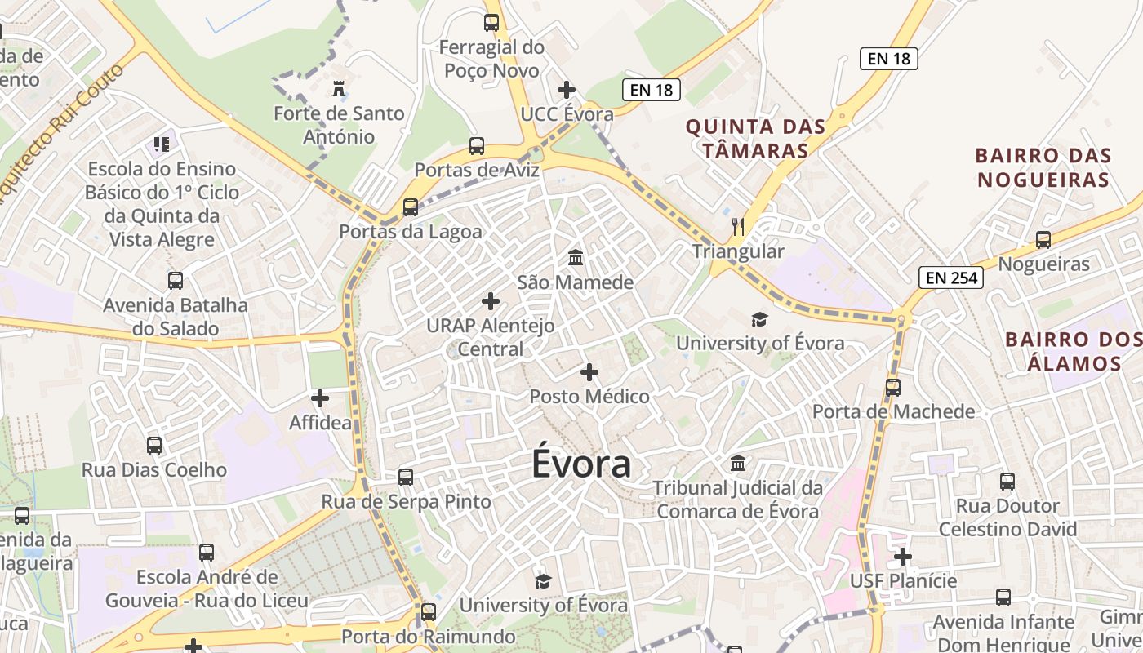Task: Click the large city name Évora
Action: click(581, 464)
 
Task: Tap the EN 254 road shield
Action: click(951, 278)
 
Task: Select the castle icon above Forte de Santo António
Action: click(339, 88)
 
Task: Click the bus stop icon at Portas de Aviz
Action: click(477, 147)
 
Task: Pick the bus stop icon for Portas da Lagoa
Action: click(411, 207)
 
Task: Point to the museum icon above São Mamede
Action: click(576, 258)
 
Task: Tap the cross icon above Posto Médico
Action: click(589, 372)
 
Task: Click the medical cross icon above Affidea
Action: click(320, 398)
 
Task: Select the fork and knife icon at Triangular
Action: click(738, 226)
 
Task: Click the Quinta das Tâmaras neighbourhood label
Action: click(755, 139)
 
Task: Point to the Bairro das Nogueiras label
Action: click(1043, 167)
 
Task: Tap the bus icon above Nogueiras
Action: click(1043, 240)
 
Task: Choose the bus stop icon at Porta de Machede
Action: click(893, 387)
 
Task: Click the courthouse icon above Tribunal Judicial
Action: click(738, 464)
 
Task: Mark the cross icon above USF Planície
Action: click(903, 557)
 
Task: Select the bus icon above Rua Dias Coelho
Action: click(154, 446)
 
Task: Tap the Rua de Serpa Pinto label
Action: click(407, 501)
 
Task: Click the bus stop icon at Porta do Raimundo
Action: click(429, 611)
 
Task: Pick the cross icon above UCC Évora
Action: click(567, 90)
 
